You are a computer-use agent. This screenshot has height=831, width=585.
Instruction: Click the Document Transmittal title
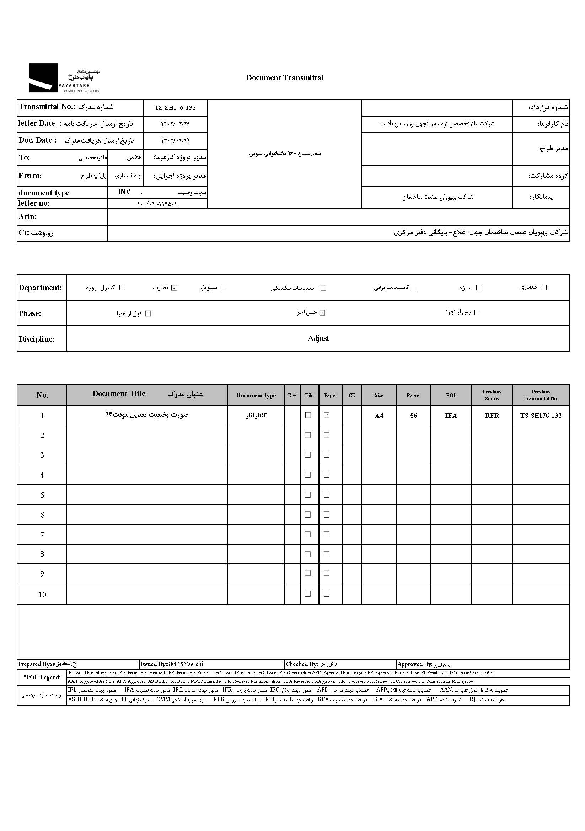coord(285,78)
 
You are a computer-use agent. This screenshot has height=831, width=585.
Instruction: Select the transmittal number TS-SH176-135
coord(175,107)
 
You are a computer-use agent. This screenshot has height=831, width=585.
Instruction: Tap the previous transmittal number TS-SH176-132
coord(541,415)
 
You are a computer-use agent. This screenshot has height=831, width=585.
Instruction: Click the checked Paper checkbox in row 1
coord(327,415)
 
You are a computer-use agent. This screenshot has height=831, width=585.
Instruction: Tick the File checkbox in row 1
coord(308,415)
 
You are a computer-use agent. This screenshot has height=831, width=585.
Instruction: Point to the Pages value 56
coord(413,415)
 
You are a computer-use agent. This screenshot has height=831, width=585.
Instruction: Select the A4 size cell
coord(379,415)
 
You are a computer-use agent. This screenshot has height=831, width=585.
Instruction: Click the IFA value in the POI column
coord(451,415)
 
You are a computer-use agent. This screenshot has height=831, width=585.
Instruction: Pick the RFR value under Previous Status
coord(492,415)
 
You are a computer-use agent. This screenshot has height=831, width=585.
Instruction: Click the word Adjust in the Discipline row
coord(318,338)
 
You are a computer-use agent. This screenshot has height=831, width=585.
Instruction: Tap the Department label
coord(40,288)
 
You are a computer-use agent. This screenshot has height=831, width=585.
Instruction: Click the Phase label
coord(30,313)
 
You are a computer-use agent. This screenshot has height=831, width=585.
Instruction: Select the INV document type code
coord(124,192)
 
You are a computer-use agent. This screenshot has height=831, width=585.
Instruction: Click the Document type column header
coord(256,395)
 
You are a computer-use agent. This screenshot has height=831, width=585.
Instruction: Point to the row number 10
coord(42,594)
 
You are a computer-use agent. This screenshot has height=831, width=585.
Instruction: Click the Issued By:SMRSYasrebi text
coord(172,664)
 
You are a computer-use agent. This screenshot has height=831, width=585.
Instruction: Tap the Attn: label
coord(27,217)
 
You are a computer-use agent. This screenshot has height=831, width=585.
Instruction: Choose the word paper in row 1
coord(256,415)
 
